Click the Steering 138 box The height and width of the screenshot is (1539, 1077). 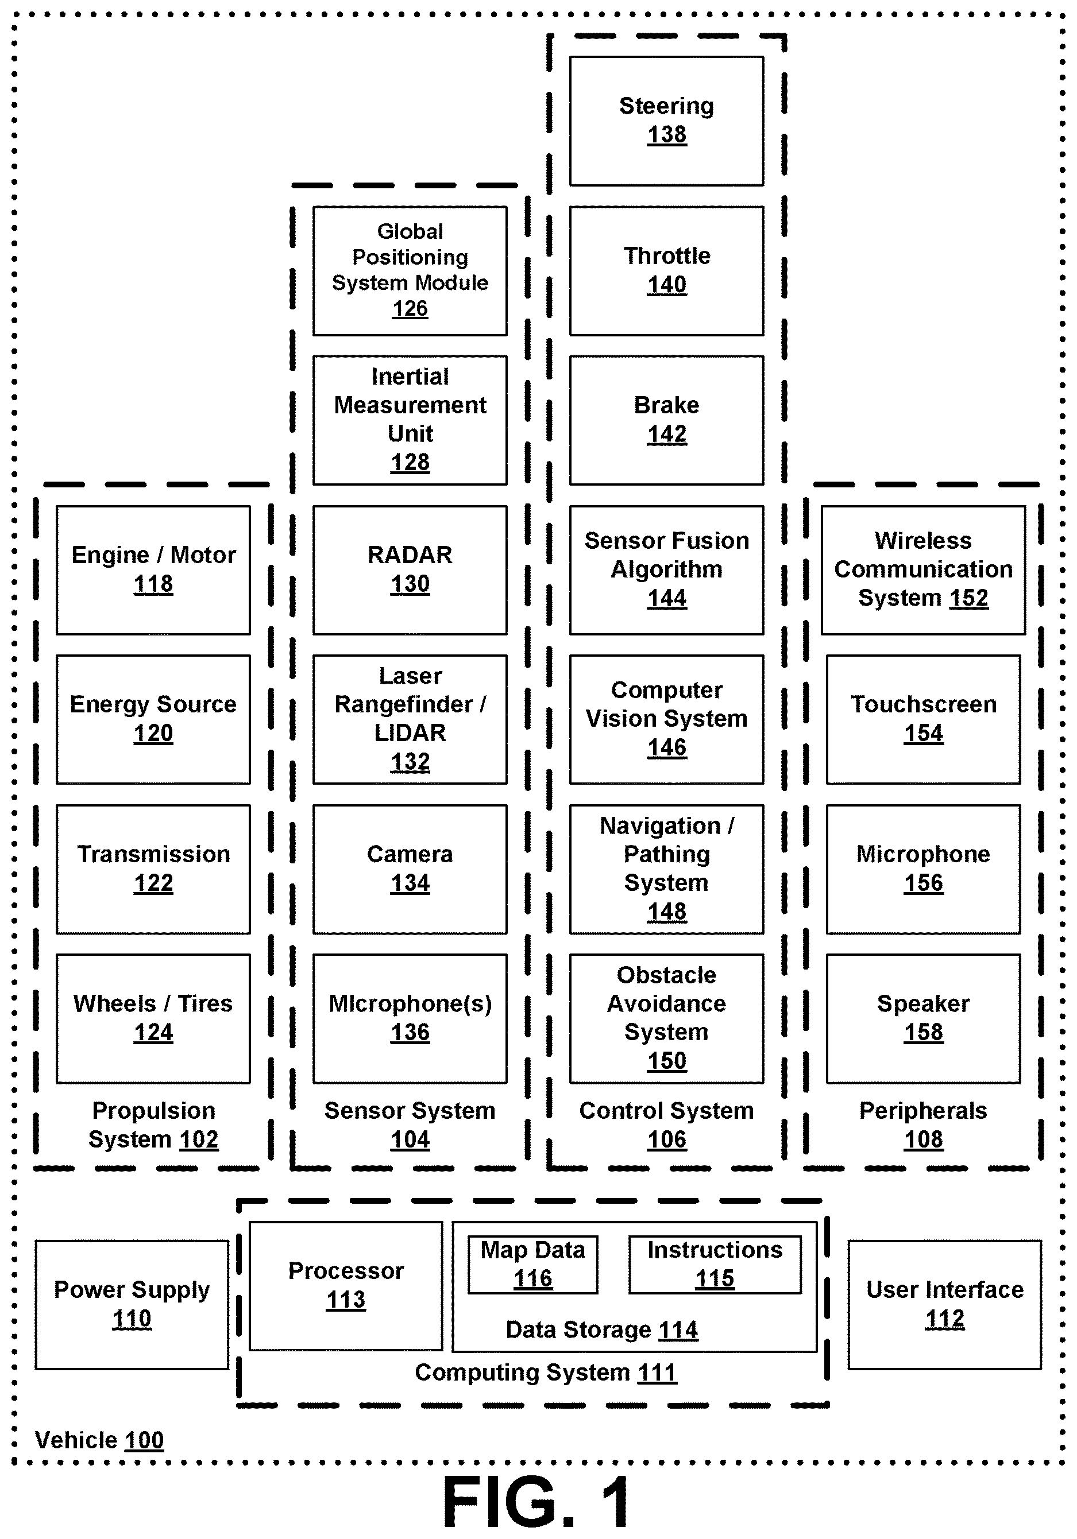click(666, 121)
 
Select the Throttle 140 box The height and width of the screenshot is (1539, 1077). click(666, 271)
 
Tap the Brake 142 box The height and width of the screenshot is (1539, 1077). click(666, 420)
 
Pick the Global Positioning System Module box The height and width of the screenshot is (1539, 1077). click(410, 271)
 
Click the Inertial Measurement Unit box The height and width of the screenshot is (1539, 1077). click(410, 420)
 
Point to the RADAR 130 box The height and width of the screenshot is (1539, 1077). click(410, 570)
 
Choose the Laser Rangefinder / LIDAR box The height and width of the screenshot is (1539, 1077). click(410, 719)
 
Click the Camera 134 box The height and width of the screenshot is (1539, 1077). click(410, 869)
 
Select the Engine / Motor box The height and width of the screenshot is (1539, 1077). click(153, 570)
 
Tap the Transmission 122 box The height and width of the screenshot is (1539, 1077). click(153, 869)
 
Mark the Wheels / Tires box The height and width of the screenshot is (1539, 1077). click(153, 1019)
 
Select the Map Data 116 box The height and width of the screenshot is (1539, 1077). click(532, 1265)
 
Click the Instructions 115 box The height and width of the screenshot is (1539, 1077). click(715, 1265)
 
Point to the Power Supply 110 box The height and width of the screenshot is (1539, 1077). click(132, 1304)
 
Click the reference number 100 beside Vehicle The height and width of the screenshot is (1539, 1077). click(144, 1440)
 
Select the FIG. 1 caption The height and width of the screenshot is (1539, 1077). click(536, 1502)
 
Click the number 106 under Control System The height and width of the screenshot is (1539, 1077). click(666, 1139)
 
